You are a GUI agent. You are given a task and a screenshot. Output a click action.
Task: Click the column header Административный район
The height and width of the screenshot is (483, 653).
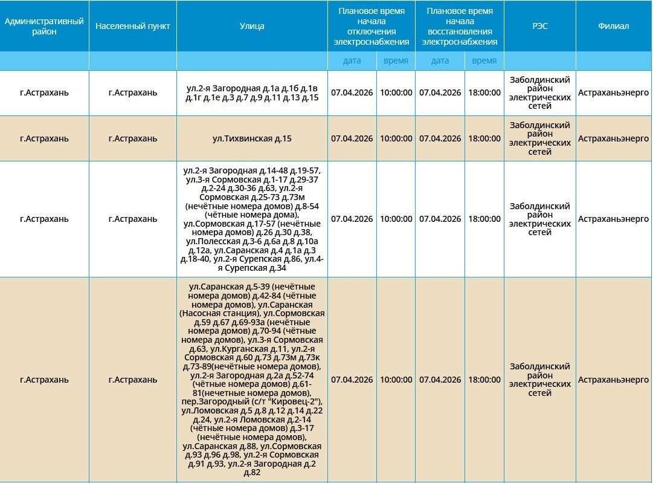click(44, 27)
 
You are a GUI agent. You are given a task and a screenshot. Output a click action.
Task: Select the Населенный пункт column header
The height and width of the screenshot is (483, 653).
click(133, 27)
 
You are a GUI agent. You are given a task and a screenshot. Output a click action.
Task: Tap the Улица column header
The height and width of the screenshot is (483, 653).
click(252, 27)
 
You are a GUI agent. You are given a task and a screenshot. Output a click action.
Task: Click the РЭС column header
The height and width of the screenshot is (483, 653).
click(539, 27)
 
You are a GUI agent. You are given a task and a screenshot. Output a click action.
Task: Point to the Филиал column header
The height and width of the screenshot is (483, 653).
click(613, 27)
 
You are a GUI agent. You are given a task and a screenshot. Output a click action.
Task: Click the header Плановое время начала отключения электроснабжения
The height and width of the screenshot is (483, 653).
click(372, 27)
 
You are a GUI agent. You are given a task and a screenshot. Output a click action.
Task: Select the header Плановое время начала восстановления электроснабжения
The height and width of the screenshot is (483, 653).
click(459, 27)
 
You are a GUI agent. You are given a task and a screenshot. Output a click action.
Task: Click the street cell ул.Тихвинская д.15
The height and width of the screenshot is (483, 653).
click(252, 138)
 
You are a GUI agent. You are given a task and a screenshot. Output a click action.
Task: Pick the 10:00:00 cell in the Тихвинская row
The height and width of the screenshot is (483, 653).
click(396, 138)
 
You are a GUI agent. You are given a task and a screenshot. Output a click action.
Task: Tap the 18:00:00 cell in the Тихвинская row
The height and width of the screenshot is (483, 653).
click(484, 138)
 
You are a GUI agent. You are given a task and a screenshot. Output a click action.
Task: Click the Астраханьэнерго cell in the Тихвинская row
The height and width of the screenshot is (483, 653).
click(613, 138)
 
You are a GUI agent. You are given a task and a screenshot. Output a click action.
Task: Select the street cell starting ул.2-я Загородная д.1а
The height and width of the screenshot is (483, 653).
click(252, 93)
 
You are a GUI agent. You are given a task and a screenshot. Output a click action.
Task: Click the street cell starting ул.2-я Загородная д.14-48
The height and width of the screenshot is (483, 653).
click(252, 219)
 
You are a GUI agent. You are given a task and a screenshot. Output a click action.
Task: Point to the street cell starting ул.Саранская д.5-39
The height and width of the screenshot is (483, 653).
click(252, 380)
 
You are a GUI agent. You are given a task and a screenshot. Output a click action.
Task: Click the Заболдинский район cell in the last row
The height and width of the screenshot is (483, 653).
click(539, 380)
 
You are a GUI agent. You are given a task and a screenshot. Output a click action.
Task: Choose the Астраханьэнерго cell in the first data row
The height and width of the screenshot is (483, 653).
click(613, 93)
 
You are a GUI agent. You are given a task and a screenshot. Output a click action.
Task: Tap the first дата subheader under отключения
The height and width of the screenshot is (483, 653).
click(352, 60)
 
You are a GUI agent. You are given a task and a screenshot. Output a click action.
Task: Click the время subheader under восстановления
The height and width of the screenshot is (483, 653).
click(484, 60)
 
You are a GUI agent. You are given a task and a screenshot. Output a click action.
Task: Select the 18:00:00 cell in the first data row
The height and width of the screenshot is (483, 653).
click(484, 93)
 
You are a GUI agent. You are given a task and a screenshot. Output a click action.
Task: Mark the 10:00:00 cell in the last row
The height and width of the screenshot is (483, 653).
click(396, 380)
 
